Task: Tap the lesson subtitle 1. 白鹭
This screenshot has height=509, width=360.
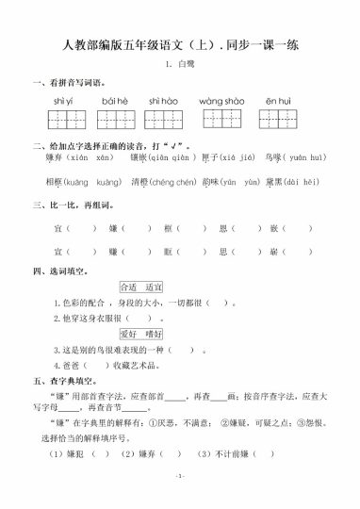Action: (x=179, y=65)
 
